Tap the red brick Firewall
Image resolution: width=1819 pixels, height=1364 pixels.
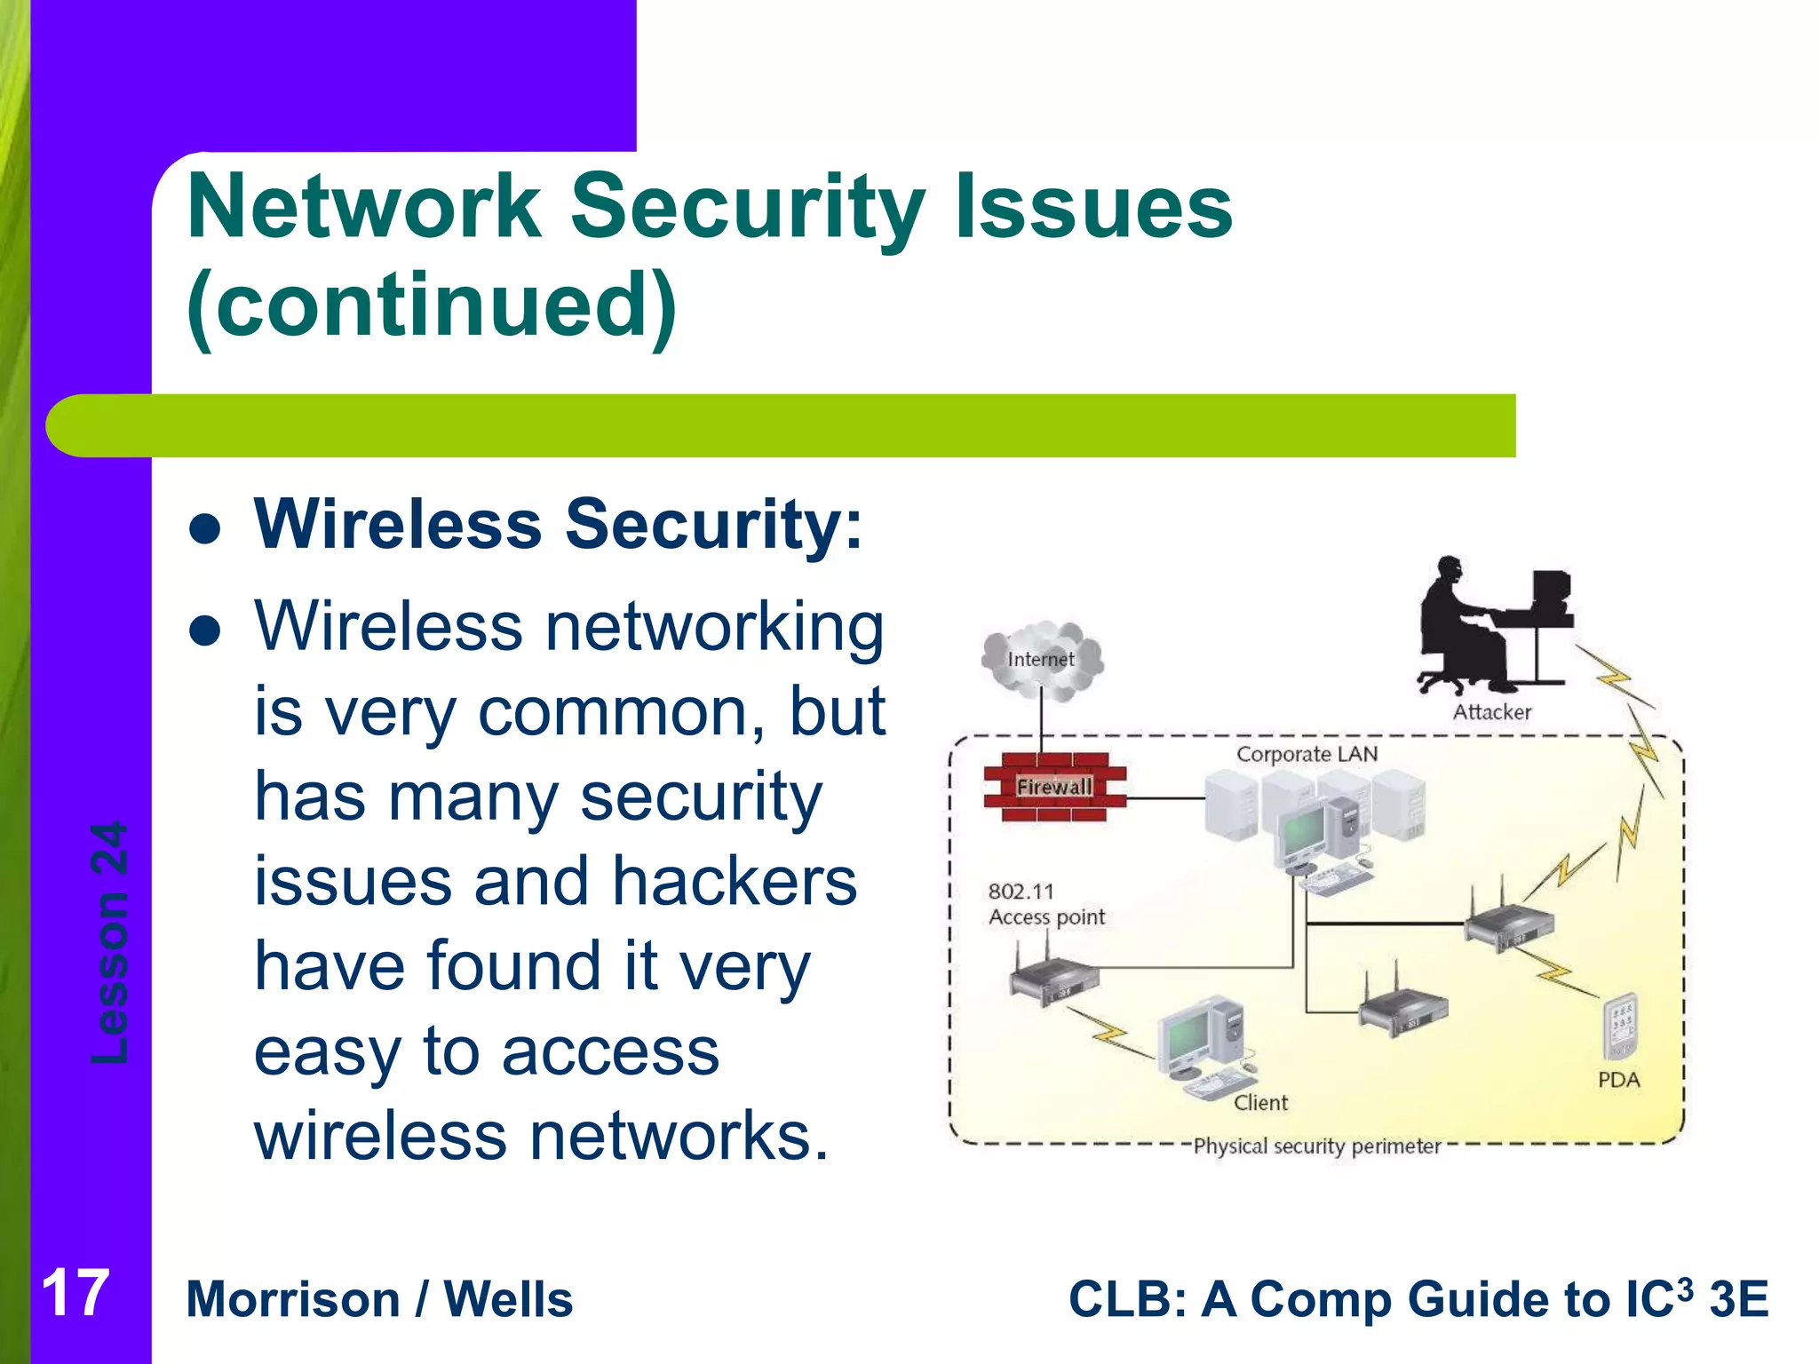1054,787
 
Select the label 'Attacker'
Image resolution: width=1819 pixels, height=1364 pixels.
1491,712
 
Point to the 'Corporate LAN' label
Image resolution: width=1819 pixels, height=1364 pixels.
1307,754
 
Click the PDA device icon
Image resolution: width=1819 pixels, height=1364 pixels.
1620,1027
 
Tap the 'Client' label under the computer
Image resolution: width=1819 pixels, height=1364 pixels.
1260,1103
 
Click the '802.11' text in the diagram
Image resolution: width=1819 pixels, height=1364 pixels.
1021,892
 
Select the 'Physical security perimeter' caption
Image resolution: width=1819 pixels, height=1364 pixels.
1316,1146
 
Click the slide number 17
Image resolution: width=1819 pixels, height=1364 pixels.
75,1294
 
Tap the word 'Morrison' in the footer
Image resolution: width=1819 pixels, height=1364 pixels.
293,1300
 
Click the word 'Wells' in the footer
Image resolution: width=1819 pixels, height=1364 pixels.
508,1300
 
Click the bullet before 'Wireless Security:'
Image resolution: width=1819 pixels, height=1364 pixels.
205,529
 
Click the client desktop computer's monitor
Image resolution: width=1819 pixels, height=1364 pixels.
1188,1036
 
